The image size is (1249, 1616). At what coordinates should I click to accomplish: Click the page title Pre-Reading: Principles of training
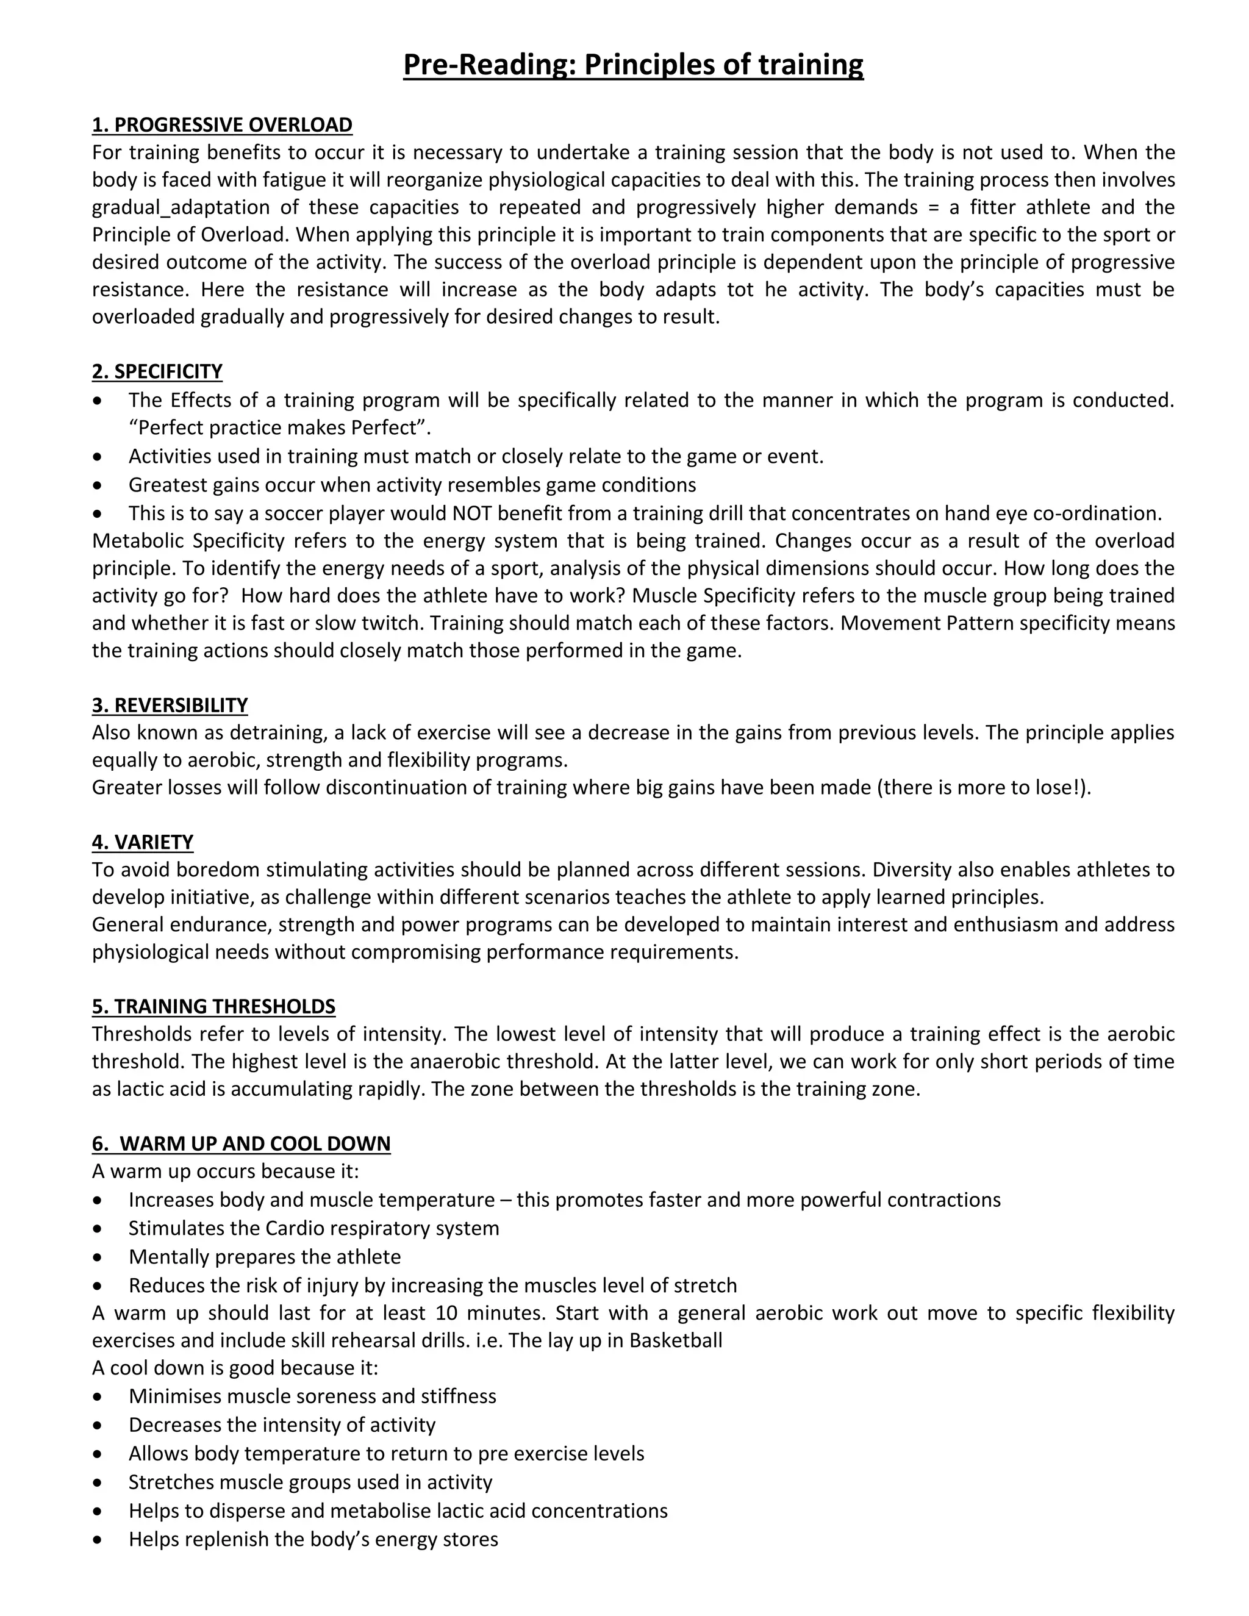632,65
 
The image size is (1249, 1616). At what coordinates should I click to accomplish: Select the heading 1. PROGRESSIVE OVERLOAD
222,124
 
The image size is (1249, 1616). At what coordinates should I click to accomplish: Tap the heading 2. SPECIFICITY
157,371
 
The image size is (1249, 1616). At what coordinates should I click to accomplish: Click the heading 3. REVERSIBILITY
170,705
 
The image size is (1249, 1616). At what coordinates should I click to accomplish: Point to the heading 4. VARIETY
143,842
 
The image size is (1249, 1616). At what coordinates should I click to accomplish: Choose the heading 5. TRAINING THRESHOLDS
213,1006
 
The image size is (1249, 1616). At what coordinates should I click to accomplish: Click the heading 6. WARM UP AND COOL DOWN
242,1143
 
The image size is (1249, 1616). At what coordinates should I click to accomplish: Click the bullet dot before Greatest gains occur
98,485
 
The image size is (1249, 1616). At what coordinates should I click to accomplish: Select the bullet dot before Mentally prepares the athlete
98,1257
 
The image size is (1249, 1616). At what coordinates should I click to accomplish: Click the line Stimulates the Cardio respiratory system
313,1228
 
